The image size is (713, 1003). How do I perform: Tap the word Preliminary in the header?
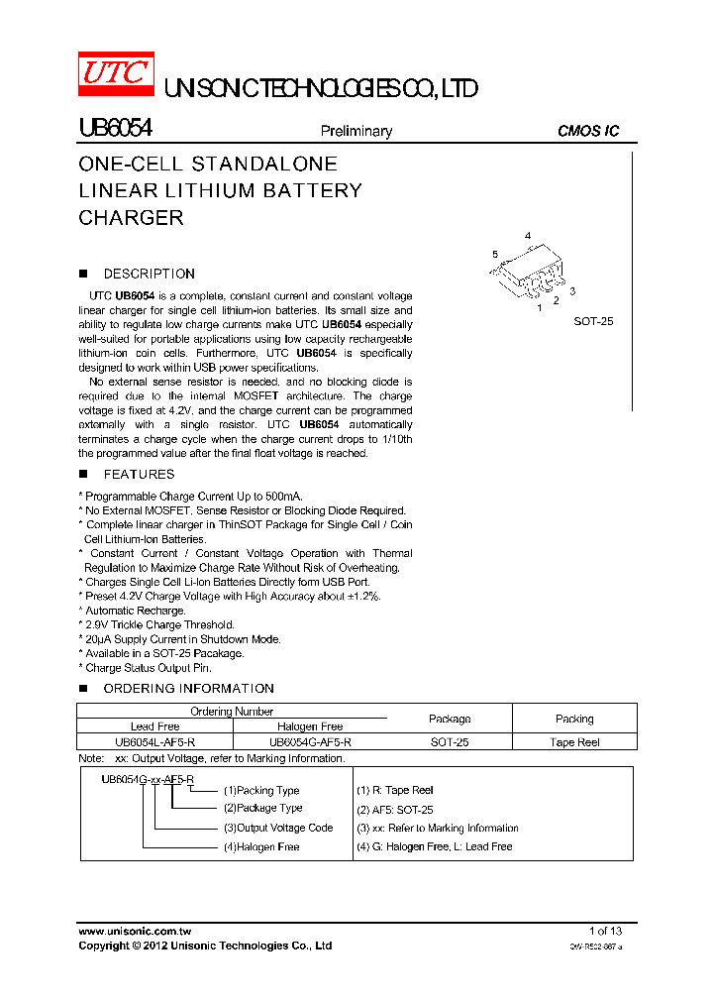click(x=356, y=131)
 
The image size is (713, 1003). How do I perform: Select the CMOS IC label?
click(x=588, y=131)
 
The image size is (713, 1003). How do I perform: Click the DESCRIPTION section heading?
click(x=149, y=274)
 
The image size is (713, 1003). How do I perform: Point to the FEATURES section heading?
click(x=139, y=474)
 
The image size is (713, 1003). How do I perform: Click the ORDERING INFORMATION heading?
click(x=188, y=688)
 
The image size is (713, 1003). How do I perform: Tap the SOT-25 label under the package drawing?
click(x=594, y=321)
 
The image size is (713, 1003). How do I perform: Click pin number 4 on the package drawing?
click(x=528, y=236)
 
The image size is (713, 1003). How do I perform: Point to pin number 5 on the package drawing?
click(x=494, y=255)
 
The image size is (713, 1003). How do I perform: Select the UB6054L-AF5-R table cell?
click(x=154, y=741)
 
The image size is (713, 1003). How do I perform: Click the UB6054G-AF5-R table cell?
click(x=310, y=741)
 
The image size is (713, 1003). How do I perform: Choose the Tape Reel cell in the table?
click(x=574, y=741)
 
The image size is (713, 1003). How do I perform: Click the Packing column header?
click(x=574, y=719)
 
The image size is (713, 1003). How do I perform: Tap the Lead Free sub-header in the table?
click(x=154, y=726)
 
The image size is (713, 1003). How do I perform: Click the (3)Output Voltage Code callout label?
click(x=277, y=828)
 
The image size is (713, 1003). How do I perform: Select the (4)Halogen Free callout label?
click(x=260, y=847)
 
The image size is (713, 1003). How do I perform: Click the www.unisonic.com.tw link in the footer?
click(x=134, y=931)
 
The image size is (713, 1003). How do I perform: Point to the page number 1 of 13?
click(x=605, y=931)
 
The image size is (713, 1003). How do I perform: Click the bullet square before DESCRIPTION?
click(x=84, y=274)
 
